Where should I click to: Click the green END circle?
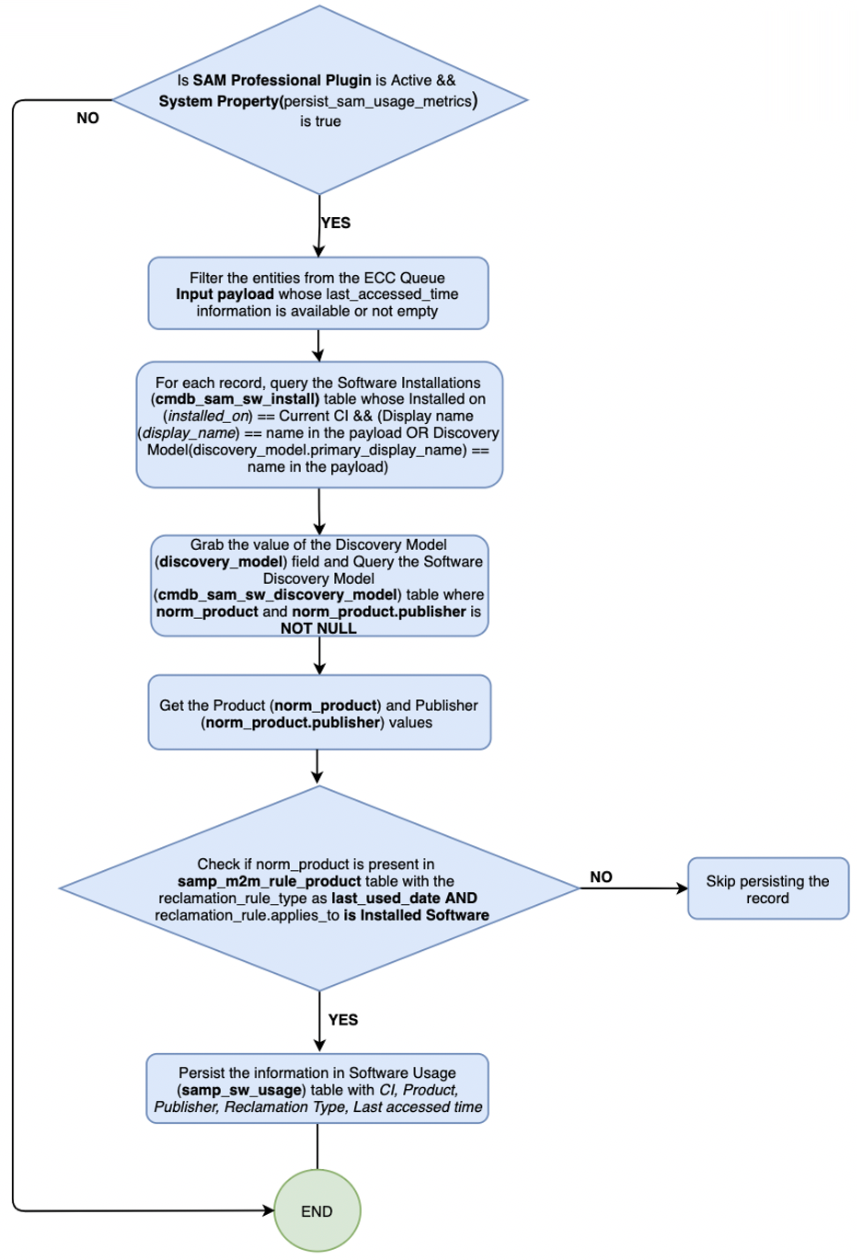(317, 1210)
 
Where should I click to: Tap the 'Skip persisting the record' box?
(768, 888)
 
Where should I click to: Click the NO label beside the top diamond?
(87, 118)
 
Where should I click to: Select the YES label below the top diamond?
(336, 223)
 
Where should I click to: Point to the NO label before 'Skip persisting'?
(601, 876)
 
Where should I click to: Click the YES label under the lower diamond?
(343, 1020)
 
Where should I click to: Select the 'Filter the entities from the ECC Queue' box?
(318, 293)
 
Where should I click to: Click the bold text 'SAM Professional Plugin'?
(282, 80)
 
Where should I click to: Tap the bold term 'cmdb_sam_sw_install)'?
(236, 399)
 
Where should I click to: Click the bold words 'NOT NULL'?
(318, 628)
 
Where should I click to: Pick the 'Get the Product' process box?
(319, 712)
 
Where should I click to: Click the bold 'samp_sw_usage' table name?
(242, 1090)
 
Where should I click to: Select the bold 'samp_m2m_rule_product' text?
(269, 881)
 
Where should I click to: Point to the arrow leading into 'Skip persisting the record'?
(634, 888)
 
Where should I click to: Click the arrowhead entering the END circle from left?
(269, 1210)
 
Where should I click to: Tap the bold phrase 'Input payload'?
(225, 294)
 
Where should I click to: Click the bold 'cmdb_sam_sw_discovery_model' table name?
(278, 595)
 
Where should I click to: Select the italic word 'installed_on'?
(208, 417)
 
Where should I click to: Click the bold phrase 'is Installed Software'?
(416, 915)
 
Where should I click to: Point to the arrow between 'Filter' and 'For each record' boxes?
(318, 346)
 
